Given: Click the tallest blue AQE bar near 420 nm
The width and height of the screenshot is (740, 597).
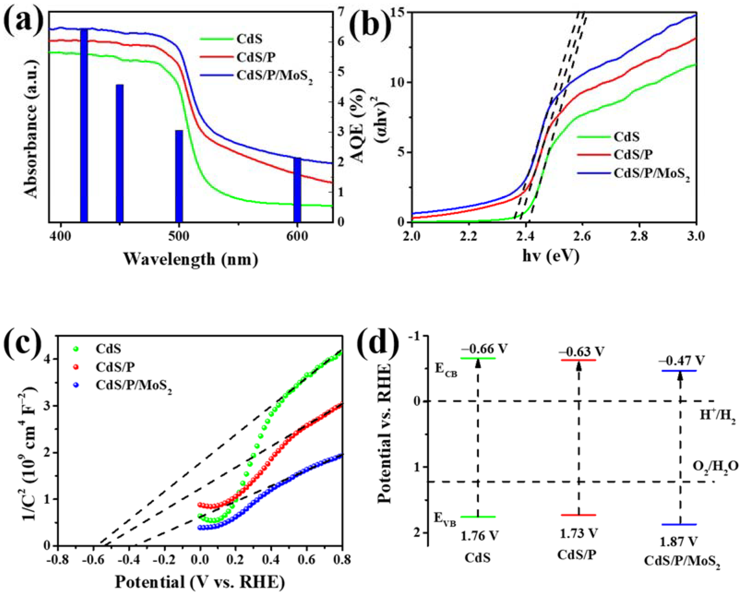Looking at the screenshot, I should (x=84, y=125).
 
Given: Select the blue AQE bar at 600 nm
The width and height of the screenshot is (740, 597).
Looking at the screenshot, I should (x=297, y=190).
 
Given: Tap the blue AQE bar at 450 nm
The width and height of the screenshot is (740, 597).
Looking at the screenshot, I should (x=119, y=153).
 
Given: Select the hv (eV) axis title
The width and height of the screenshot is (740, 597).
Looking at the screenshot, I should (x=551, y=256).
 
